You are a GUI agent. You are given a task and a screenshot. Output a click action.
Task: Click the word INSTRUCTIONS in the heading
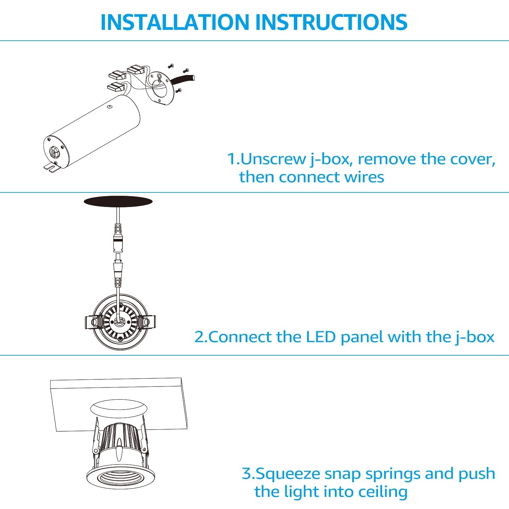click(x=331, y=22)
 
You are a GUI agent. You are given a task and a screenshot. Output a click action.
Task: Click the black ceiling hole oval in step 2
click(x=118, y=202)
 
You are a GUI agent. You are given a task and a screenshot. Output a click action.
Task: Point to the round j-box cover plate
click(x=161, y=88)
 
